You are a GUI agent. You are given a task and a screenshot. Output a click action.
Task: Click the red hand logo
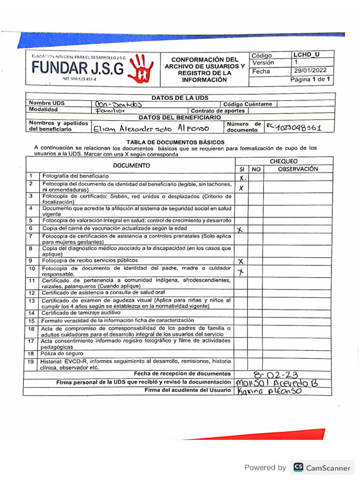[142, 68]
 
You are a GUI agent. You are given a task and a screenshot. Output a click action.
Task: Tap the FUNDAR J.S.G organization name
[78, 69]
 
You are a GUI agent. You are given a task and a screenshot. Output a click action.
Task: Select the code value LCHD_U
[307, 54]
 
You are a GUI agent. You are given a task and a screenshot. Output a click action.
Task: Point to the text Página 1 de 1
[311, 80]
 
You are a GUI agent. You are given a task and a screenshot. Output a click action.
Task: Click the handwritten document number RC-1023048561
[293, 127]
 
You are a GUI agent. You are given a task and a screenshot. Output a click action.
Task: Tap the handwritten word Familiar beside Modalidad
[109, 111]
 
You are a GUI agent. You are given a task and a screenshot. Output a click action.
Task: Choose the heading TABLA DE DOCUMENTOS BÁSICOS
[176, 142]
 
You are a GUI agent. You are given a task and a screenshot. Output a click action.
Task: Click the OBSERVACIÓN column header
[298, 169]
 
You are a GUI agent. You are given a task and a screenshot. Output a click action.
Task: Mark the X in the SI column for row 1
[241, 178]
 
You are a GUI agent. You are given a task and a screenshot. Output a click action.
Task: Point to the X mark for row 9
[241, 261]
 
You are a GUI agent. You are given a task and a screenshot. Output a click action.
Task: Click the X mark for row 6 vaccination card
[240, 229]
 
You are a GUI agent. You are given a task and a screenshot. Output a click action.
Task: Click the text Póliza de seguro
[59, 353]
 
